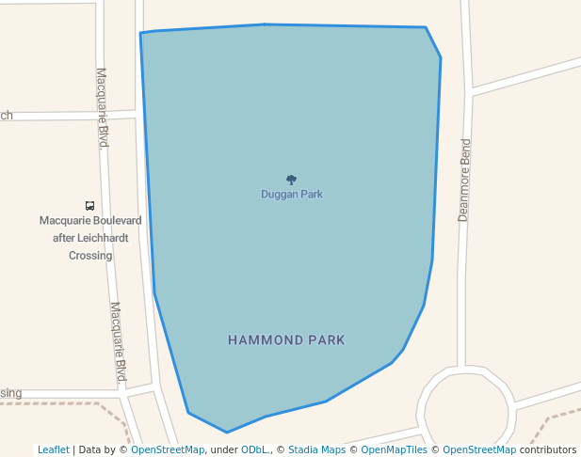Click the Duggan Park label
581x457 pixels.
click(292, 195)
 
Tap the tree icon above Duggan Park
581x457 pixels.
click(291, 180)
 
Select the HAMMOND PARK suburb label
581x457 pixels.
click(286, 339)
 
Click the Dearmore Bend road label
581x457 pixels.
click(463, 180)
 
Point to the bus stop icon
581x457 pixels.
click(89, 205)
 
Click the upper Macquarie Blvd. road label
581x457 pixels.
click(104, 107)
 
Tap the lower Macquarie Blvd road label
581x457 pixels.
click(119, 342)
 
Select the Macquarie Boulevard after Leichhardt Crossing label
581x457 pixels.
click(90, 238)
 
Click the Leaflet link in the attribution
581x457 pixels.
click(54, 450)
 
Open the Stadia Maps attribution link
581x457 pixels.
click(316, 450)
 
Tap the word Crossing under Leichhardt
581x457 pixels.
click(90, 256)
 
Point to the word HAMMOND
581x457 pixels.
click(263, 339)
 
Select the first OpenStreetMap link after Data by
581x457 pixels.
click(168, 450)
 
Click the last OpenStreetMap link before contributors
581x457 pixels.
click(479, 450)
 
